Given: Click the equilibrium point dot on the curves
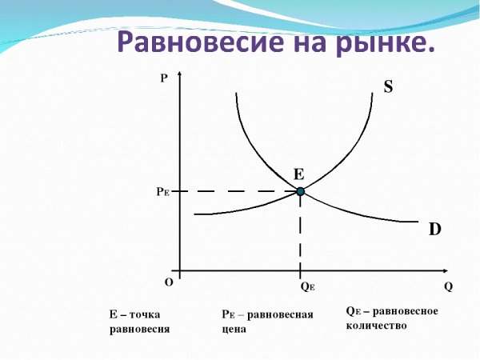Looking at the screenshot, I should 301,191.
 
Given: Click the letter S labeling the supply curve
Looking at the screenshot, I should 388,87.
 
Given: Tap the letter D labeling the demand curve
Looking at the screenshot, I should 435,230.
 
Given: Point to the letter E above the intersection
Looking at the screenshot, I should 298,174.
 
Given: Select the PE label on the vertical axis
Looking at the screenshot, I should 162,192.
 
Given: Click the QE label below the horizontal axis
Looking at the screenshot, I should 307,286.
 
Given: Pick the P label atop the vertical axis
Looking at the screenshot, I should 164,78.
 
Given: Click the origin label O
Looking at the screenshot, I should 169,282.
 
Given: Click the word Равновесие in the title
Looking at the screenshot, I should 194,42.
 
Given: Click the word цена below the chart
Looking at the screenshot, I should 235,329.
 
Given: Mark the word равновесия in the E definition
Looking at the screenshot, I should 139,329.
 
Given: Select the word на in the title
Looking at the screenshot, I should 306,42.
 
